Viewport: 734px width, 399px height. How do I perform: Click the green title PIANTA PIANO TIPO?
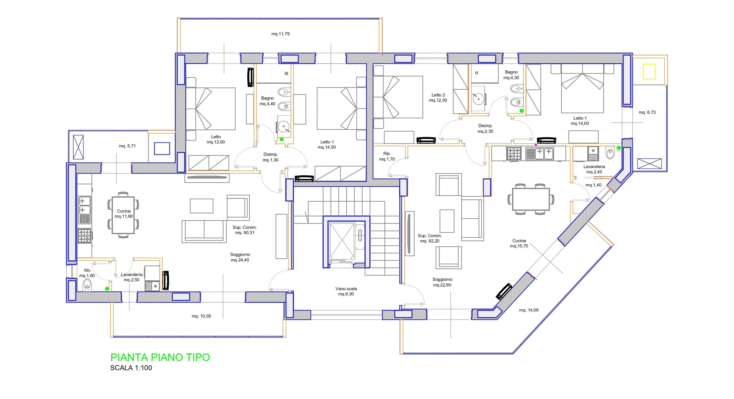pyautogui.click(x=160, y=357)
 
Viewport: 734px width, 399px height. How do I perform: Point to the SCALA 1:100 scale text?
pyautogui.click(x=131, y=368)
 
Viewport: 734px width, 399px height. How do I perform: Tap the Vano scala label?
pyautogui.click(x=346, y=289)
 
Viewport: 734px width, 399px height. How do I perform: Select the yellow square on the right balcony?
pyautogui.click(x=649, y=72)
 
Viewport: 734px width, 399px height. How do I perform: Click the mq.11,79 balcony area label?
pyautogui.click(x=280, y=34)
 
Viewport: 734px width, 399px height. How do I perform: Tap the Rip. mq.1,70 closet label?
pyautogui.click(x=387, y=156)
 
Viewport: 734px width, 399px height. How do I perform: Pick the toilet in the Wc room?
pyautogui.click(x=87, y=285)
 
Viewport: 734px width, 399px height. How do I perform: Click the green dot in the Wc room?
pyautogui.click(x=107, y=289)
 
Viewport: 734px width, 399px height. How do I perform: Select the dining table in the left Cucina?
pyautogui.click(x=123, y=215)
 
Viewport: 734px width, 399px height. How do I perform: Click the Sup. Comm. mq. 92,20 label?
pyautogui.click(x=430, y=238)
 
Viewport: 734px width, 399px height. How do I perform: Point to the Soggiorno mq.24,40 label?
pyautogui.click(x=240, y=257)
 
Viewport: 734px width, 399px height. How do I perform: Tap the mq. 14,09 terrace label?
pyautogui.click(x=529, y=310)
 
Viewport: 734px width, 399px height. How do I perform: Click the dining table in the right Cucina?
pyautogui.click(x=531, y=199)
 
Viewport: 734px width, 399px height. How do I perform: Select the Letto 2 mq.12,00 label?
pyautogui.click(x=438, y=98)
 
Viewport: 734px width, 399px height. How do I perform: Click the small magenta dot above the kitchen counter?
pyautogui.click(x=536, y=145)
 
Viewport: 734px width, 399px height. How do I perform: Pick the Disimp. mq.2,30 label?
pyautogui.click(x=485, y=129)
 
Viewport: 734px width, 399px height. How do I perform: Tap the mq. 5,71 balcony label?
pyautogui.click(x=127, y=146)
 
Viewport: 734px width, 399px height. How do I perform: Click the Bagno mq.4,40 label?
pyautogui.click(x=267, y=101)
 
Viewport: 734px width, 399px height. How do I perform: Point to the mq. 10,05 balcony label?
pyautogui.click(x=201, y=316)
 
